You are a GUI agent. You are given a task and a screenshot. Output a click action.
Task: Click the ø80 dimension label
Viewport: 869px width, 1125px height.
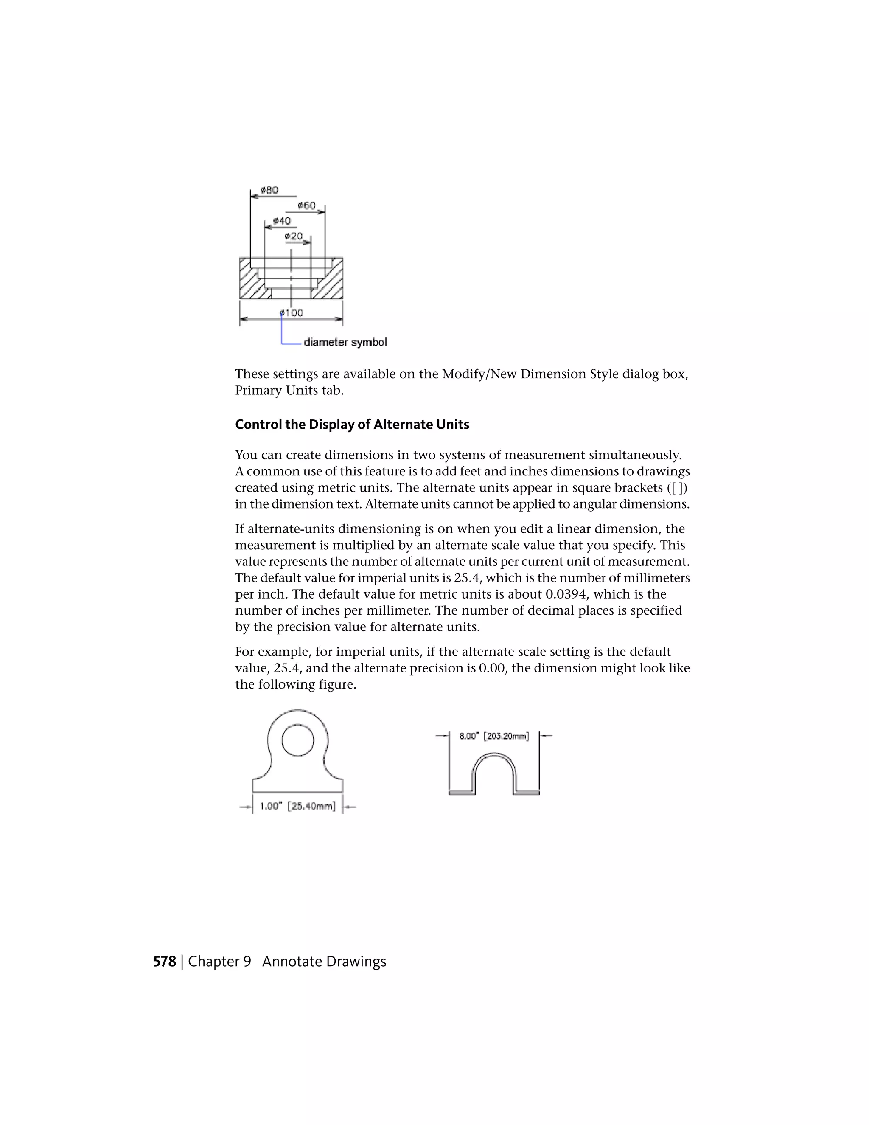click(269, 190)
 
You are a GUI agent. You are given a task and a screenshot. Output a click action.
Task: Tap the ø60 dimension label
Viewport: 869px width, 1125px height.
click(306, 205)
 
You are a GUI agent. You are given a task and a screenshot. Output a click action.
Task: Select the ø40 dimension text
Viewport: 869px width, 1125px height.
click(282, 221)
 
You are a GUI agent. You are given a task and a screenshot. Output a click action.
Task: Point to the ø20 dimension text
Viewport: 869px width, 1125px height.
click(294, 236)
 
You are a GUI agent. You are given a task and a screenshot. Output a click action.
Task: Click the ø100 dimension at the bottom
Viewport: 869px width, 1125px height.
click(292, 313)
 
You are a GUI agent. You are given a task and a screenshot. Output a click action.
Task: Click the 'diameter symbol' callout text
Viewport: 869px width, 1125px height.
click(345, 343)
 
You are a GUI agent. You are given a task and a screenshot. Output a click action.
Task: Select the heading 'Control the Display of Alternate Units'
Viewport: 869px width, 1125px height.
click(352, 425)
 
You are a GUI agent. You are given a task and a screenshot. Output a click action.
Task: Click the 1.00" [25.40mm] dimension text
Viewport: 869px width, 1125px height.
click(297, 806)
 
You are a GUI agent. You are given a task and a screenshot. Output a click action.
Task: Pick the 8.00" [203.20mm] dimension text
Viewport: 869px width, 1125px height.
click(494, 736)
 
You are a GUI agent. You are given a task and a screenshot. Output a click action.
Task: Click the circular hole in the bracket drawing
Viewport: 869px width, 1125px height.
click(297, 740)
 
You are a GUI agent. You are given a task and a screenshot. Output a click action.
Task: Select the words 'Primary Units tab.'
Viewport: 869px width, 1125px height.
click(289, 391)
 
